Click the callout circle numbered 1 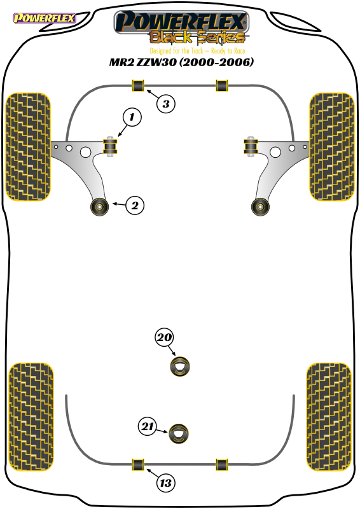[132, 117]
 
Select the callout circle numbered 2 [135, 205]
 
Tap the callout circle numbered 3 [165, 104]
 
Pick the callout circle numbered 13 [165, 483]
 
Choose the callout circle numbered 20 [164, 338]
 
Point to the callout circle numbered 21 [148, 426]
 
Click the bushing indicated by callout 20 [180, 366]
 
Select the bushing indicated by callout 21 [179, 434]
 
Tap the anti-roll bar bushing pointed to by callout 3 [138, 85]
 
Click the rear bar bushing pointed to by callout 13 [138, 464]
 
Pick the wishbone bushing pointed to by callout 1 [111, 146]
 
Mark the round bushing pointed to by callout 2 [99, 206]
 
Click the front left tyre [28, 147]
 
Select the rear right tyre [329, 417]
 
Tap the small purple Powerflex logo [44, 18]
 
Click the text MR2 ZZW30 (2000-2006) [181, 62]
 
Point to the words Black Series [197, 38]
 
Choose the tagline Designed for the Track [176, 51]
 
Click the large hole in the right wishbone [275, 152]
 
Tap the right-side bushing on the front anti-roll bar [222, 85]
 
